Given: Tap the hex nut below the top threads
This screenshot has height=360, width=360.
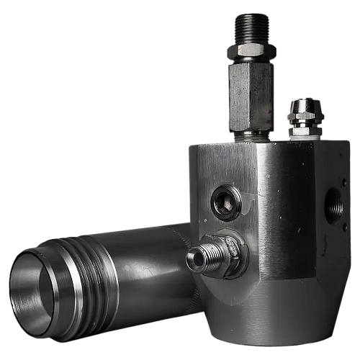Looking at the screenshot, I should [251, 51].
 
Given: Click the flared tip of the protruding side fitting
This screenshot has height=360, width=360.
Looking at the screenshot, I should [194, 259].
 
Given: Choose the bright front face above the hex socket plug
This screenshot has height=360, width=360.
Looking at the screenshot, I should [223, 166].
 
